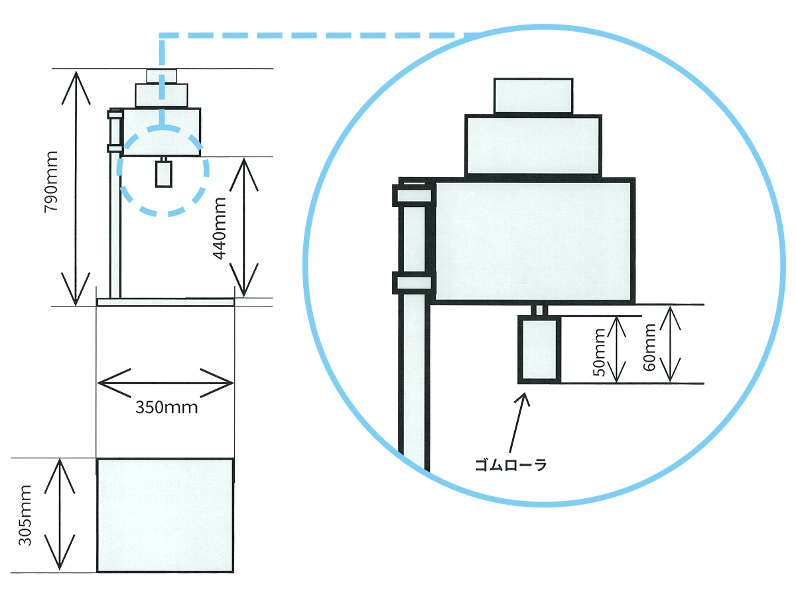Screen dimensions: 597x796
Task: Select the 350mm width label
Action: tap(166, 407)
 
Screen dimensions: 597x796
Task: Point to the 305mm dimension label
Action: tap(26, 515)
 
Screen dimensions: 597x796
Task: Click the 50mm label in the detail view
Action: tap(600, 351)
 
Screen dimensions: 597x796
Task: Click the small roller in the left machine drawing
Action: tap(163, 174)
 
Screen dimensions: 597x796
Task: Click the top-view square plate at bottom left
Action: tap(165, 515)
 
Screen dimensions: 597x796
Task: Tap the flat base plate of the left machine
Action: tap(165, 302)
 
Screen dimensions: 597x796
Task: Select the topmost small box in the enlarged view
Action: tap(533, 96)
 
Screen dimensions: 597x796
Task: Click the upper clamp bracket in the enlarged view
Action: tap(413, 195)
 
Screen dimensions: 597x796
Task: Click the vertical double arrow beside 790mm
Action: tap(77, 187)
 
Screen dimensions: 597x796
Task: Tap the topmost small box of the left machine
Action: tap(161, 76)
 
